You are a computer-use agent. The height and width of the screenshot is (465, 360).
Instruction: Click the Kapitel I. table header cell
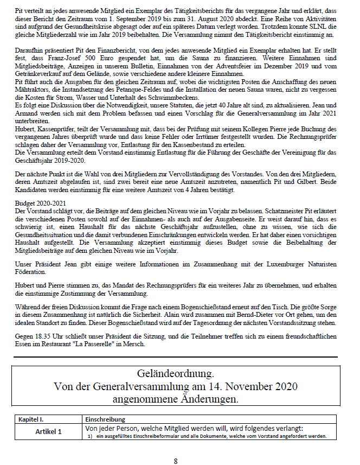pos(32,419)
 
